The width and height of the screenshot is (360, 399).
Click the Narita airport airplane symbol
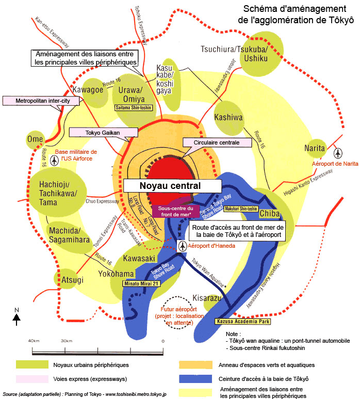point(338,153)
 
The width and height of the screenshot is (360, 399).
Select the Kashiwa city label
point(228,118)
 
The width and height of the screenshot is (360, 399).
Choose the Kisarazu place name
point(193,298)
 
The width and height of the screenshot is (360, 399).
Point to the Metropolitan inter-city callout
point(41,101)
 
